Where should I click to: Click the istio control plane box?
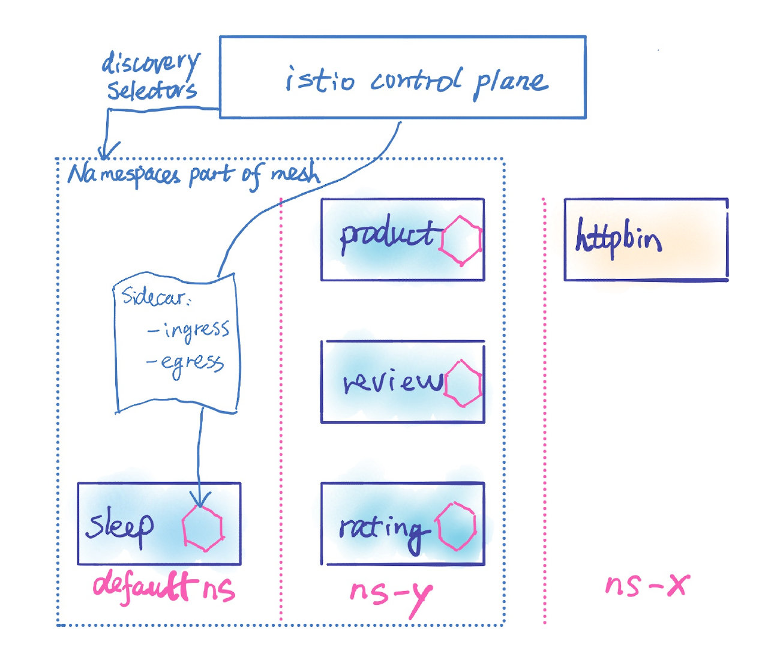402,77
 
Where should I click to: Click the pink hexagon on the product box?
461,240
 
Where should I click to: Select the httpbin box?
646,239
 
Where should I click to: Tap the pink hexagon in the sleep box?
203,528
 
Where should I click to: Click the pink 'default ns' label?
163,586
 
